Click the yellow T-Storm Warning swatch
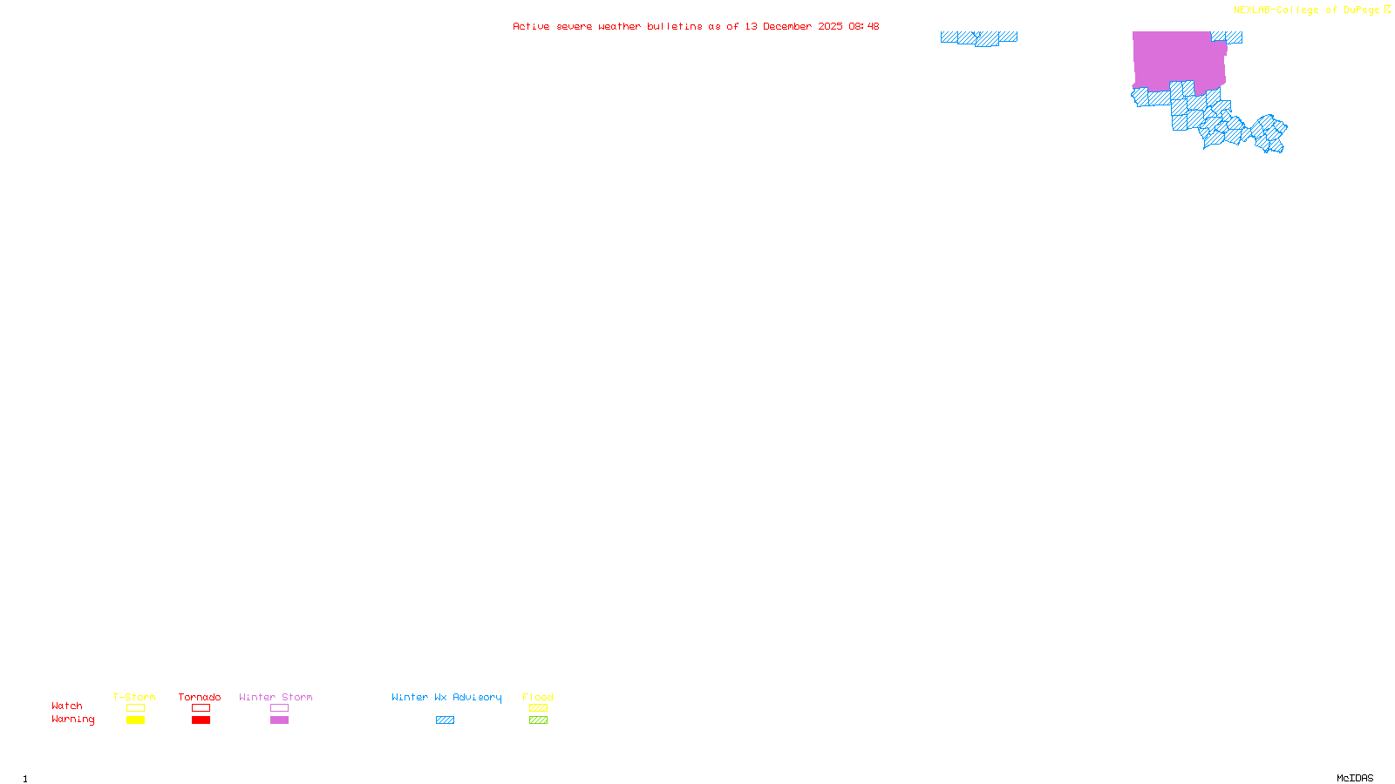click(135, 720)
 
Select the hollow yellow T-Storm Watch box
click(135, 708)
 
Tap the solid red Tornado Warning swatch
click(201, 720)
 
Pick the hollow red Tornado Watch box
click(201, 708)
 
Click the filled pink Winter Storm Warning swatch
click(279, 720)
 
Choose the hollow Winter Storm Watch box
click(279, 708)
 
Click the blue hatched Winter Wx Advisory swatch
click(445, 720)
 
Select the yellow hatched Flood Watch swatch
click(538, 708)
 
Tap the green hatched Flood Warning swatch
click(538, 720)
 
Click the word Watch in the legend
click(67, 706)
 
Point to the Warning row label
click(72, 720)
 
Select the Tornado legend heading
click(200, 697)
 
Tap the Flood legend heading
click(538, 697)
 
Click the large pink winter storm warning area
click(1177, 59)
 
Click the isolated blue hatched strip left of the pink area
click(979, 37)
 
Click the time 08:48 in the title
click(864, 27)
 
